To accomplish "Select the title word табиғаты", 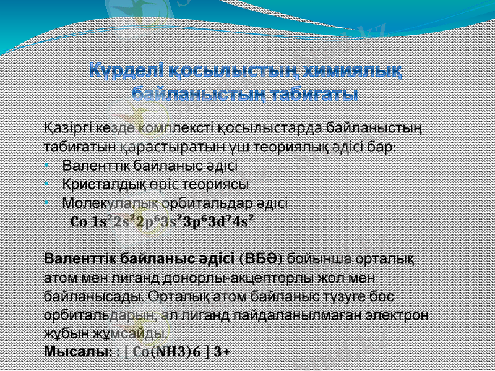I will coord(314,95).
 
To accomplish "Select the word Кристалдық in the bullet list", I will coord(100,184).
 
